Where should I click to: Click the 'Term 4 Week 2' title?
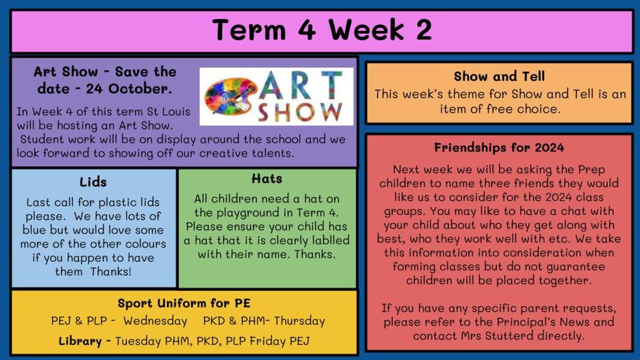(322, 30)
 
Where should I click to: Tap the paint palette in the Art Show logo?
(229, 97)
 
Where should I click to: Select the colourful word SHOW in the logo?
(300, 112)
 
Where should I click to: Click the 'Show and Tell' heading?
(499, 76)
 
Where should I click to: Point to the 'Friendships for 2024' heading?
(499, 148)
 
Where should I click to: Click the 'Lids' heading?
(93, 182)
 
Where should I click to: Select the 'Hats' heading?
(267, 179)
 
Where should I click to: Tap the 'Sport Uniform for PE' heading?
(184, 303)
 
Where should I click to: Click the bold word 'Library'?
(80, 341)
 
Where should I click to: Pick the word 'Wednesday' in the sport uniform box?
(155, 321)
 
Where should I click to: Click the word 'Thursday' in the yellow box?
(299, 321)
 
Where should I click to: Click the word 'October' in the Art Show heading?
(140, 89)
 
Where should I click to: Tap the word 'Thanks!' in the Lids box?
(111, 271)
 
